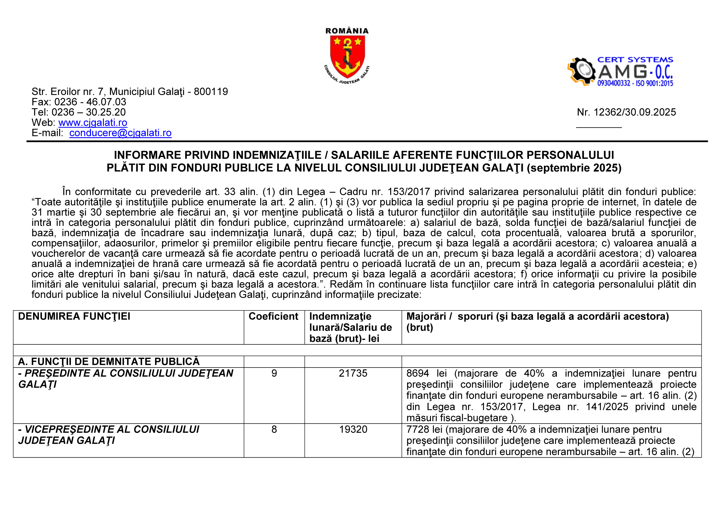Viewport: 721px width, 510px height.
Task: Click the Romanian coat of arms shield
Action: [x=347, y=56]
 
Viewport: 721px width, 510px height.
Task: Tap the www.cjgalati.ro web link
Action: [x=93, y=122]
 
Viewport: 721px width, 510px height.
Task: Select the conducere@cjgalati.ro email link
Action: [x=120, y=133]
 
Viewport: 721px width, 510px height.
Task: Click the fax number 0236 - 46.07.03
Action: [x=90, y=102]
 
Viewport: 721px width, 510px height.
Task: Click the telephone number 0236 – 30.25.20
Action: [x=88, y=112]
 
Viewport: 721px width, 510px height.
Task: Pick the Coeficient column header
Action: [x=273, y=316]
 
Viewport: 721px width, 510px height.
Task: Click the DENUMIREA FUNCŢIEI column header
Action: [x=74, y=316]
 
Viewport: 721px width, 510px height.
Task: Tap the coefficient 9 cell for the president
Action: [x=274, y=373]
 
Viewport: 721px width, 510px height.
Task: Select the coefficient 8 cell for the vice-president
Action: [x=274, y=429]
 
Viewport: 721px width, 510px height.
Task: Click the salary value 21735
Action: [x=353, y=373]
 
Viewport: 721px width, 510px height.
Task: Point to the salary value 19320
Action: [x=353, y=429]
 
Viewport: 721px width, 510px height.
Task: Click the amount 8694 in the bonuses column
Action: [x=417, y=373]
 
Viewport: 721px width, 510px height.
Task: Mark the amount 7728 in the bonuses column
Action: [x=417, y=429]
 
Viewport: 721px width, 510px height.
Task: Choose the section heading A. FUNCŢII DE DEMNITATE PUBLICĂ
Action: [x=109, y=362]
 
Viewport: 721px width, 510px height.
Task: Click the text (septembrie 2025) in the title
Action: [x=574, y=168]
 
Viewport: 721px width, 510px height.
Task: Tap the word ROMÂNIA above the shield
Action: [x=347, y=31]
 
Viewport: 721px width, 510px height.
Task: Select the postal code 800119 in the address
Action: [x=211, y=92]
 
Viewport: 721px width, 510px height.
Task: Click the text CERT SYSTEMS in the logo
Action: [x=635, y=60]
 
